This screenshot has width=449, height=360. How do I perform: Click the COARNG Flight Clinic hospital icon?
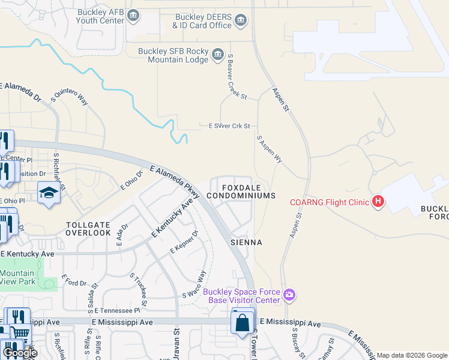(x=378, y=201)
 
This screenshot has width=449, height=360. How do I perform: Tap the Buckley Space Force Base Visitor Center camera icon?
(x=289, y=294)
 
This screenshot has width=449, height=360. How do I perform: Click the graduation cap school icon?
(x=47, y=193)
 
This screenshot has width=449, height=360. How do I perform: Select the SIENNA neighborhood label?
(x=246, y=242)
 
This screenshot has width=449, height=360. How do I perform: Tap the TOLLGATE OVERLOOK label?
(x=88, y=228)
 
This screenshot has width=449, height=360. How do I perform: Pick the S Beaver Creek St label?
(x=237, y=77)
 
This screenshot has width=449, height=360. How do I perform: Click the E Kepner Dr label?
(x=184, y=242)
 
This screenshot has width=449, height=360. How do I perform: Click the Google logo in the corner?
(x=20, y=353)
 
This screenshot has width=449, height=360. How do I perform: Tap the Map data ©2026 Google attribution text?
(x=412, y=355)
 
